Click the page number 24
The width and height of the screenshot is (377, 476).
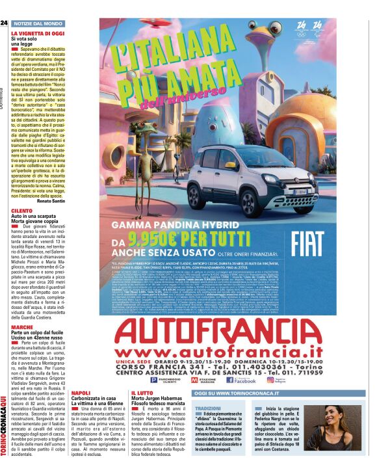pos(5,23)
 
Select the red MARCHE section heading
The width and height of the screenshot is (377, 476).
pos(21,327)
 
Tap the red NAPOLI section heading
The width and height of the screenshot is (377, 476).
pos(81,393)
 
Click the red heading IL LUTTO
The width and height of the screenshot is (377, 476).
pos(141,393)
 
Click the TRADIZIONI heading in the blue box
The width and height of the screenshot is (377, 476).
pos(209,407)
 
